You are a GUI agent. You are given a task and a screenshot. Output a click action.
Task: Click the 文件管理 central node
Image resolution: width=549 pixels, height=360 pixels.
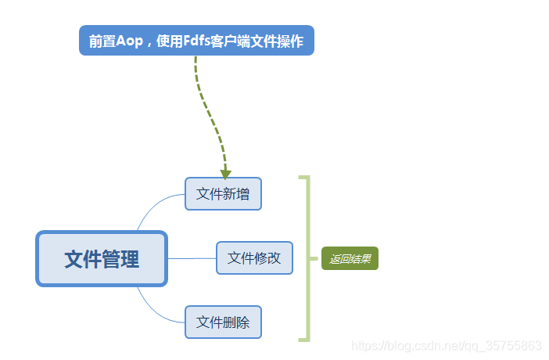coord(102,259)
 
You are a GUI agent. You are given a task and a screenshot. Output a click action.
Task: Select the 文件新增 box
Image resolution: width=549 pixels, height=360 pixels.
coord(223,194)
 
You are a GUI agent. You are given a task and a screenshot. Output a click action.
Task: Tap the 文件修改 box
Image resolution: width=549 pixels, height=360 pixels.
coord(254,258)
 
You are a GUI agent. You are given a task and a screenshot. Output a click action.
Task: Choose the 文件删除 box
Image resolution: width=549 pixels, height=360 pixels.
coord(223,322)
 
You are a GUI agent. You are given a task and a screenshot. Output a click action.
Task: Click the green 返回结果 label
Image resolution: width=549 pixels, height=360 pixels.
coord(350,259)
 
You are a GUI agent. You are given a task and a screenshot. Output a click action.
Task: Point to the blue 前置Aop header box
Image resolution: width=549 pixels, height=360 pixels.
coord(196,41)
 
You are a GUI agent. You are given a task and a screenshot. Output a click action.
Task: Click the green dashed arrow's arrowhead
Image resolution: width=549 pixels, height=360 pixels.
coord(225,173)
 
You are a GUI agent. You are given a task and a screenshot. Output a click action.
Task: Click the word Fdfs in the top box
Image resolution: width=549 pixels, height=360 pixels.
coord(198,41)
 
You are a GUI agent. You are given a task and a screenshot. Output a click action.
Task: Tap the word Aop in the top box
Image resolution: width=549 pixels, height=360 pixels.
coord(130,41)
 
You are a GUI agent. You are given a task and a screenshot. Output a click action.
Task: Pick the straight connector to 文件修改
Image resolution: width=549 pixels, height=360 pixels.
coord(192,258)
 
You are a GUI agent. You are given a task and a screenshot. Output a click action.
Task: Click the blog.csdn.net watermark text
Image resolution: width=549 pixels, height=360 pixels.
coord(446,345)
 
